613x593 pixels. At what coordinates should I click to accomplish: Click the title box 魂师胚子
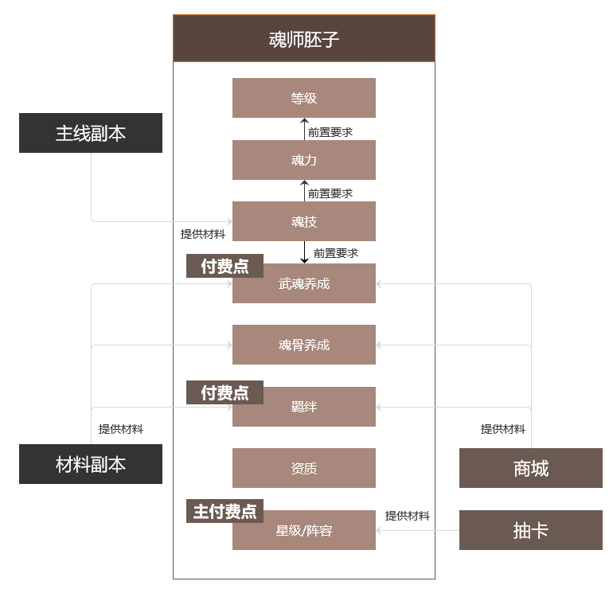coord(304,38)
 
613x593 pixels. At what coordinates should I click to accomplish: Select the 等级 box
coord(304,98)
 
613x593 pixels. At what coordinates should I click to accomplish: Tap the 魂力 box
coord(304,160)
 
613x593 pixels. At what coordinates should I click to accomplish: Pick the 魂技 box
coord(304,221)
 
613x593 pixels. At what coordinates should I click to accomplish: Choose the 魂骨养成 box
coord(304,345)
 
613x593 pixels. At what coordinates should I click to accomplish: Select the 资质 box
coord(304,468)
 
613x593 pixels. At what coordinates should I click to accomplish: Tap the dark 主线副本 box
coord(91,133)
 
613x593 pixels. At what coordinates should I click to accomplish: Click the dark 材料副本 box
coord(91,464)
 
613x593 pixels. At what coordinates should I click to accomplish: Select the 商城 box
coord(531,468)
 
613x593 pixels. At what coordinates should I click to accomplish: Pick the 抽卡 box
coord(531,530)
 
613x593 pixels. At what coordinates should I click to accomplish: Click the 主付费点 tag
coord(225,511)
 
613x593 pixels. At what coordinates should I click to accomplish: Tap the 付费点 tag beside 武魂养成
coord(225,266)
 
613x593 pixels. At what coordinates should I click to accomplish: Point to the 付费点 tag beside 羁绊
coord(225,392)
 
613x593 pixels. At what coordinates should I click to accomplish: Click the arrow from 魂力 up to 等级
coord(304,129)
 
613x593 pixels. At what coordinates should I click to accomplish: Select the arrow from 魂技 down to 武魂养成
coord(304,252)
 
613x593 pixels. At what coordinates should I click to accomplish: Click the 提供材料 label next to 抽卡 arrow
coord(408,516)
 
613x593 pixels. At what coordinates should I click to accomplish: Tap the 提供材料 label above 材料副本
coord(121,429)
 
